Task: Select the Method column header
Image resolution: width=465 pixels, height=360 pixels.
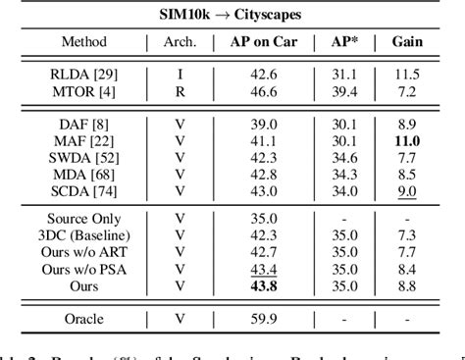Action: (x=84, y=43)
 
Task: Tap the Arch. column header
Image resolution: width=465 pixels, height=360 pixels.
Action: (x=180, y=43)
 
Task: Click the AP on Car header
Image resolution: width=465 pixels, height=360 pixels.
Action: (x=260, y=43)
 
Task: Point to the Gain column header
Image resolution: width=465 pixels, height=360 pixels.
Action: (x=408, y=43)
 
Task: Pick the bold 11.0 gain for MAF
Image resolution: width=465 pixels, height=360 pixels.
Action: (x=408, y=141)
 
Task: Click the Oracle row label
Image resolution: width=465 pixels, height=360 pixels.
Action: (x=84, y=318)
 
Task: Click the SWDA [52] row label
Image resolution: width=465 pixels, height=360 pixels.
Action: (x=84, y=157)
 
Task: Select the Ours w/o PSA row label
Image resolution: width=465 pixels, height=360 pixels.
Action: (x=84, y=269)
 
